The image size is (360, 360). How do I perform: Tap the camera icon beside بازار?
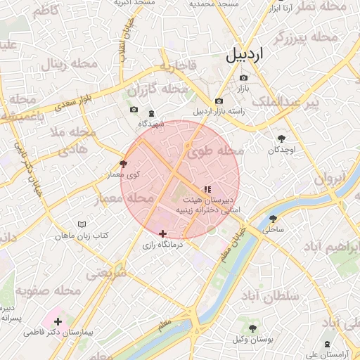click(244, 78)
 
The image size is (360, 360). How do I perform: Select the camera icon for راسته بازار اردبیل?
click(219, 101)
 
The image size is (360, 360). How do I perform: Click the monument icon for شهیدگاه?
click(151, 114)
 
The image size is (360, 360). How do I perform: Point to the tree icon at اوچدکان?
click(282, 139)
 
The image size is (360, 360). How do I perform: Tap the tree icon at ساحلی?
click(273, 218)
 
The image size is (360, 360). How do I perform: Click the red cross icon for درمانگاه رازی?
click(163, 233)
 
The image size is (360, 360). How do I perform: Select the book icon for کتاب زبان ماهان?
click(82, 224)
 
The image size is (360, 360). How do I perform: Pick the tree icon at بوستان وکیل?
click(252, 328)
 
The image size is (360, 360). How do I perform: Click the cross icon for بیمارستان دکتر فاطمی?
click(58, 321)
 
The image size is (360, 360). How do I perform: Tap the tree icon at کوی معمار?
click(124, 163)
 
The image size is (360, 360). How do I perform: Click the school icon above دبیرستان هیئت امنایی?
click(207, 189)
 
